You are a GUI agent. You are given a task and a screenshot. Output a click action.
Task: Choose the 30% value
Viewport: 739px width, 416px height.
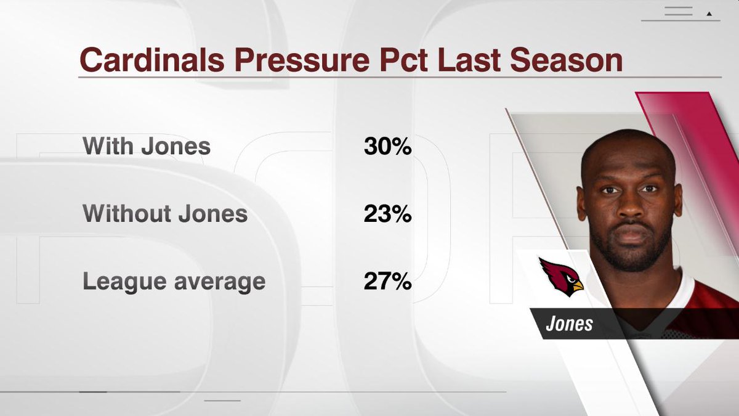tap(387, 147)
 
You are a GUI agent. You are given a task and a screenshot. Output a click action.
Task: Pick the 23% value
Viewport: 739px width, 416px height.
tap(387, 214)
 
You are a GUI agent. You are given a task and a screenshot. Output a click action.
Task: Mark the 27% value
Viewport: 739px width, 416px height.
tap(387, 282)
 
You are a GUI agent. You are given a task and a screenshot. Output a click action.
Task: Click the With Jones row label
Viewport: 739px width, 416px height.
tap(147, 147)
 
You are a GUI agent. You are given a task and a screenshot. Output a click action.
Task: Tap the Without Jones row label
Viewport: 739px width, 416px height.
tap(165, 214)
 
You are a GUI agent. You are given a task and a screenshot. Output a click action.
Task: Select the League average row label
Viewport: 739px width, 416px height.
tap(174, 282)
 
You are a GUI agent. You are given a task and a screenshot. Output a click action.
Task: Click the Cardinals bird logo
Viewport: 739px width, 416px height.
tap(561, 277)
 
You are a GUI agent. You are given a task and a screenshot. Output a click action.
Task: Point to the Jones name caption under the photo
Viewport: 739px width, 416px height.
tap(569, 324)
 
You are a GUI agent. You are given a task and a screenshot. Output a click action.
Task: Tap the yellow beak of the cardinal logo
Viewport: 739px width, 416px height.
tap(576, 287)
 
